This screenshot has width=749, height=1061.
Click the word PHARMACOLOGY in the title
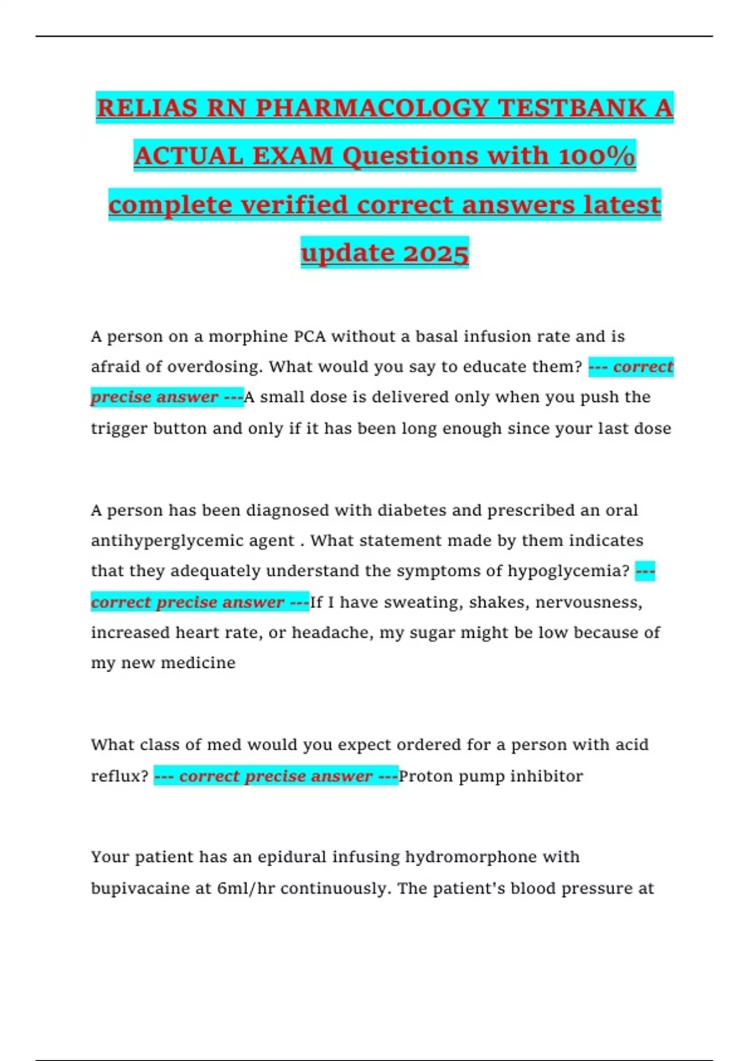tap(372, 109)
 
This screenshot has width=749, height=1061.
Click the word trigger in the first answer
tap(119, 429)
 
